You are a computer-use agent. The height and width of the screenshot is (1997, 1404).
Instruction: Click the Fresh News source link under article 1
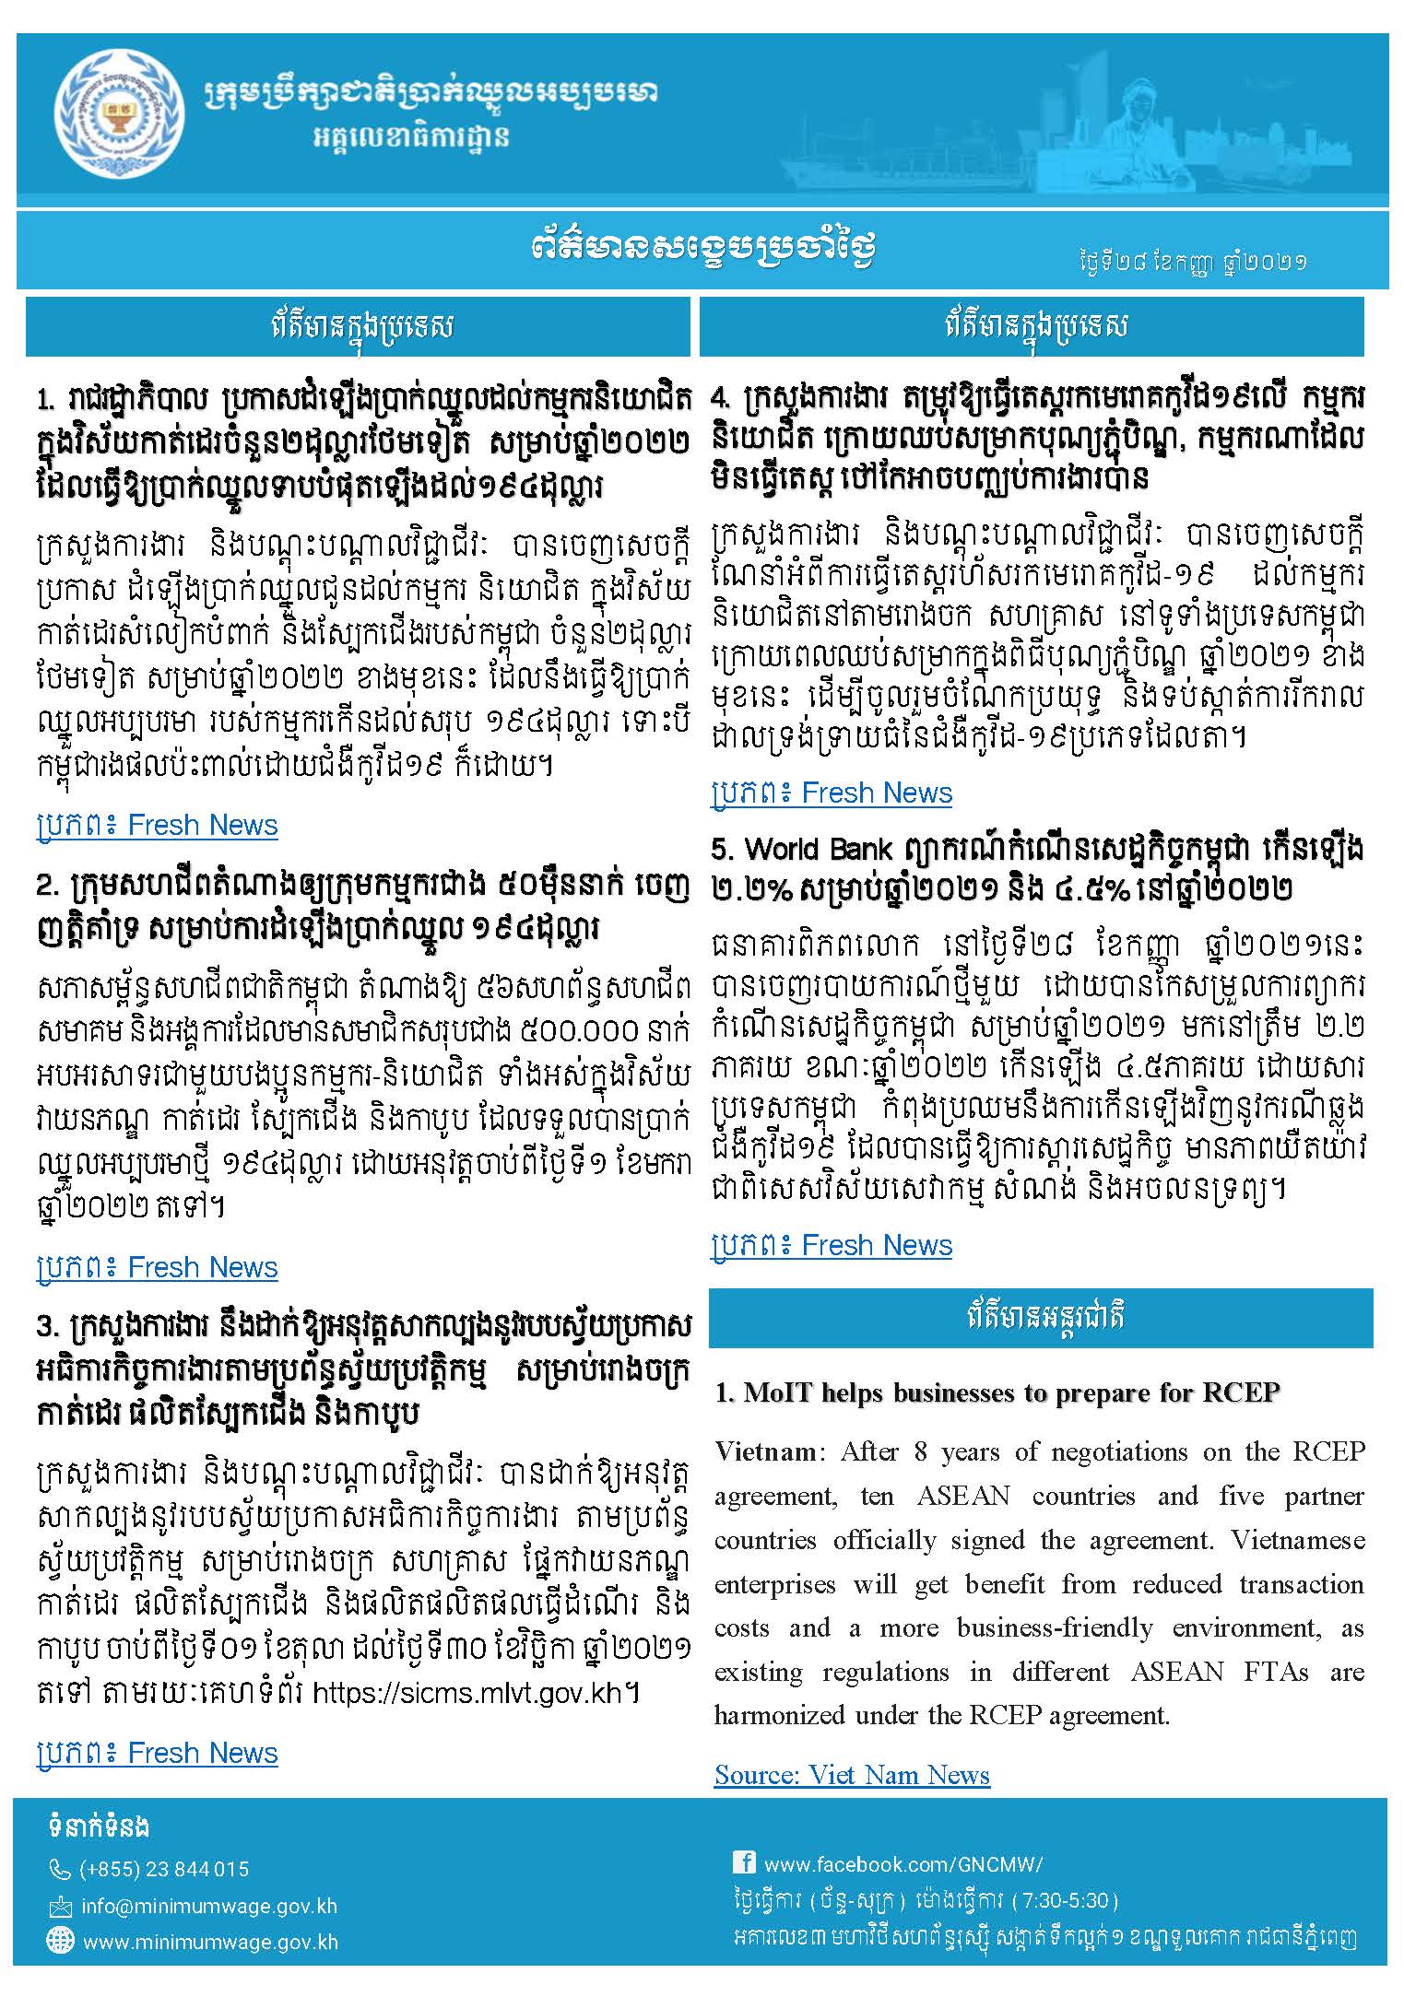click(x=158, y=825)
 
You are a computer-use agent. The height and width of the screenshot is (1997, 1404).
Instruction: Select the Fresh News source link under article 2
click(x=158, y=1267)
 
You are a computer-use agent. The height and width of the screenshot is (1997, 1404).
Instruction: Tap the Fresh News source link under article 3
click(x=158, y=1753)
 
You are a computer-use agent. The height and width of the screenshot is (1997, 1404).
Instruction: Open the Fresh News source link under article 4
click(x=832, y=793)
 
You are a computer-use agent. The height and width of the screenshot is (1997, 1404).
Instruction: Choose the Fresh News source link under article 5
click(x=832, y=1245)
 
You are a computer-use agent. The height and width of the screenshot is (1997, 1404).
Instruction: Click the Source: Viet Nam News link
click(x=852, y=1775)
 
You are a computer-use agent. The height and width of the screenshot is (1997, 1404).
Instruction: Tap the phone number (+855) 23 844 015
click(x=164, y=1869)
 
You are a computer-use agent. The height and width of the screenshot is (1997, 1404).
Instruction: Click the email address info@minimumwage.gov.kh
click(x=208, y=1906)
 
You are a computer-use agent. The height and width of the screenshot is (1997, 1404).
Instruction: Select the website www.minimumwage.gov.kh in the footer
click(x=210, y=1942)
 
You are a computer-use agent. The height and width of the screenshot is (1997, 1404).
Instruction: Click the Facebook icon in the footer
click(x=744, y=1862)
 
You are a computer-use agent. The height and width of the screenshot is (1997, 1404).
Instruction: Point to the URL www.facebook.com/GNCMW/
click(x=903, y=1864)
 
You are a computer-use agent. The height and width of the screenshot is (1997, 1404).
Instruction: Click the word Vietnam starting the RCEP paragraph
click(x=765, y=1452)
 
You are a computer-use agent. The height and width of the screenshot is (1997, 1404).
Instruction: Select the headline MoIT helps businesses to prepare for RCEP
click(x=997, y=1392)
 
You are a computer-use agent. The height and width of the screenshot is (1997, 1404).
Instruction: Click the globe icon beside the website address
click(x=60, y=1941)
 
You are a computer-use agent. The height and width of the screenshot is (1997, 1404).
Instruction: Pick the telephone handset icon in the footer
click(x=60, y=1870)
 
